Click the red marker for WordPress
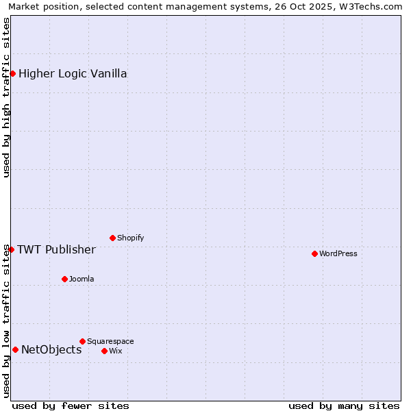click(x=314, y=253)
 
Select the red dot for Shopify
click(x=112, y=238)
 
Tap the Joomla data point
click(x=64, y=279)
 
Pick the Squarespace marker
click(x=82, y=341)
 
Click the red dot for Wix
click(x=104, y=351)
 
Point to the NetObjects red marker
click(x=15, y=349)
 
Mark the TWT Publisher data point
click(x=11, y=249)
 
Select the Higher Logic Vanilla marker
click(x=12, y=73)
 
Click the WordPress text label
click(x=338, y=253)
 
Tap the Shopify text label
click(x=130, y=238)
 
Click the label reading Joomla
click(x=82, y=279)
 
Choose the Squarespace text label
click(x=110, y=341)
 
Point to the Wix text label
click(x=116, y=351)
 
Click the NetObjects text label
click(x=51, y=349)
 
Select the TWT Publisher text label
click(x=56, y=249)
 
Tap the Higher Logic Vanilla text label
click(x=73, y=73)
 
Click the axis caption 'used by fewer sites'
click(x=71, y=406)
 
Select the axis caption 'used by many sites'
click(x=344, y=406)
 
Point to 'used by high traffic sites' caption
click(x=7, y=98)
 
